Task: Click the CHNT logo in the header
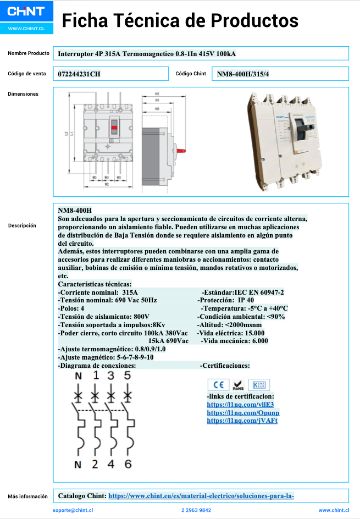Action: point(27,11)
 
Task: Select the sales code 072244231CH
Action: point(79,74)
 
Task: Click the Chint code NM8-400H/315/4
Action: point(247,74)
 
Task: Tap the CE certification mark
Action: point(218,385)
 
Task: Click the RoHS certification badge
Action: point(238,385)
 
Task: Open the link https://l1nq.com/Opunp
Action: point(243,413)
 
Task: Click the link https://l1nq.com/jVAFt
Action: point(242,421)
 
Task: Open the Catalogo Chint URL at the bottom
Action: point(201,496)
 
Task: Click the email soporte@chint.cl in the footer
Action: point(73,510)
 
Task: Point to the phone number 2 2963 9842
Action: point(196,510)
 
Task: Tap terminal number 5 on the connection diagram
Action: point(128,376)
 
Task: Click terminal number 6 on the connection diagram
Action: point(128,464)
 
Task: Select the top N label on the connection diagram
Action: point(78,376)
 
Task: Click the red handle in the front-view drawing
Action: point(114,130)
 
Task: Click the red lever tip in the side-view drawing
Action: point(184,149)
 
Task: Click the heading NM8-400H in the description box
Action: point(75,211)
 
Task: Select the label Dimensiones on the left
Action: point(23,94)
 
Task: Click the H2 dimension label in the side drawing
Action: point(157,94)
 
